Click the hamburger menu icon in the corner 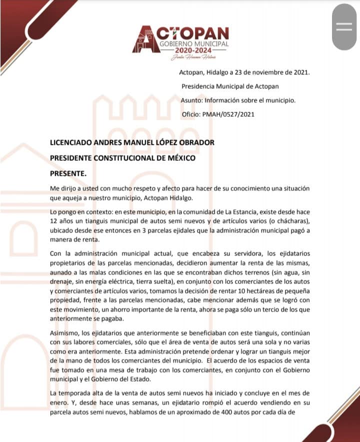(x=344, y=28)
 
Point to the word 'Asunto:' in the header (x=192, y=100)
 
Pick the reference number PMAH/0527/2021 (x=229, y=114)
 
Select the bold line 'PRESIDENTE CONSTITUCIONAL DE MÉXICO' (x=122, y=158)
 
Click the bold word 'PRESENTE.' (x=68, y=174)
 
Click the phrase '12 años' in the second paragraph (x=61, y=221)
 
